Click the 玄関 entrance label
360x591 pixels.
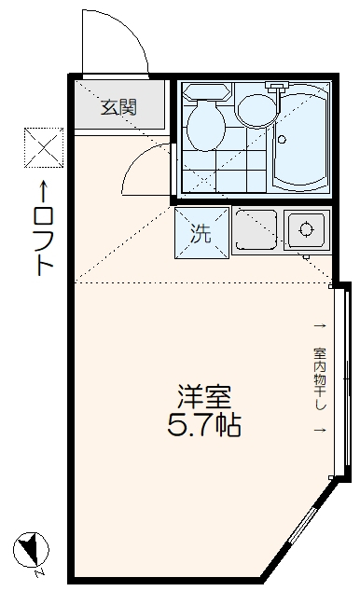[119, 106]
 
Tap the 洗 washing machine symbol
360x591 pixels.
[201, 233]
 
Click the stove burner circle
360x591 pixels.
[307, 227]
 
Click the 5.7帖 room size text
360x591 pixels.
[204, 428]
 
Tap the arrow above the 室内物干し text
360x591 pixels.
[320, 325]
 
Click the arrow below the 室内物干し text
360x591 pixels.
[320, 431]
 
